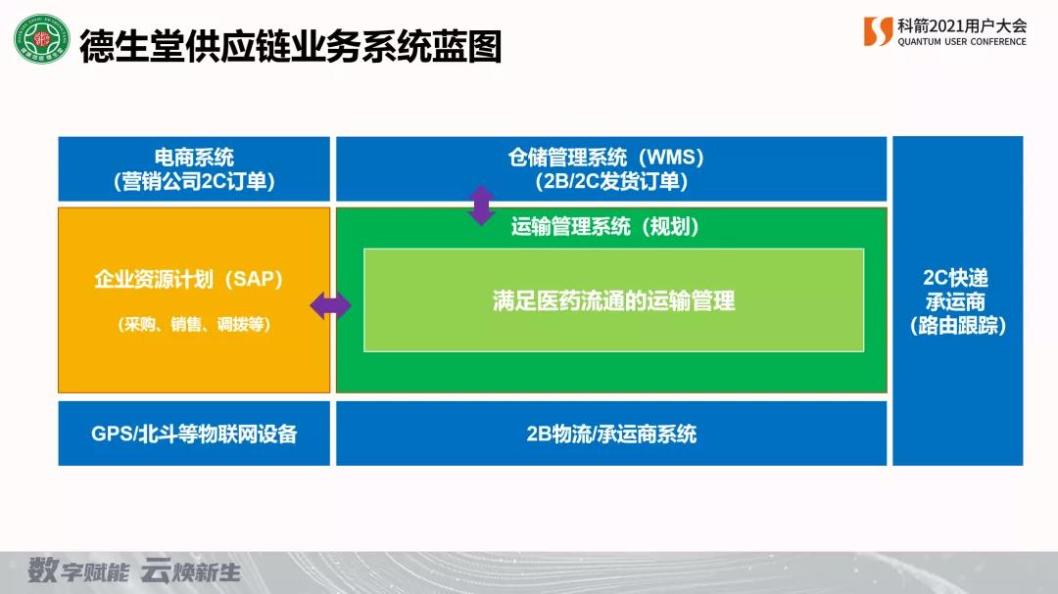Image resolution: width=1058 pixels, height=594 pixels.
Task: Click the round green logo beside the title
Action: click(41, 41)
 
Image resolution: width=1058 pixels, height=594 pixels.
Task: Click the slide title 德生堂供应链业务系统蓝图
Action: click(290, 45)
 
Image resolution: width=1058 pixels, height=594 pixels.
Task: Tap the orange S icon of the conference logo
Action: click(878, 31)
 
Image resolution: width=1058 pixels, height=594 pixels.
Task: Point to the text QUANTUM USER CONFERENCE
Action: click(962, 42)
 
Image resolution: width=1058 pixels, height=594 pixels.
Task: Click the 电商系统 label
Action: click(194, 158)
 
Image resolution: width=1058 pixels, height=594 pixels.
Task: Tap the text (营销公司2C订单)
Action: click(194, 181)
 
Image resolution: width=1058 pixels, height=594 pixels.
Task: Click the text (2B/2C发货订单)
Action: click(610, 181)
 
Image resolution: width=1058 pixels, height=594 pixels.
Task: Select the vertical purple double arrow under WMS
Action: click(481, 206)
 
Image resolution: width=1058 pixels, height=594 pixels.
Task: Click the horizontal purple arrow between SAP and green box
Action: click(331, 306)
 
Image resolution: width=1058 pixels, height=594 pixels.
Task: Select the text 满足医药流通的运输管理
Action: click(613, 300)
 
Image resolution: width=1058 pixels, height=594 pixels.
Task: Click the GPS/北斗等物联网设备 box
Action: click(194, 434)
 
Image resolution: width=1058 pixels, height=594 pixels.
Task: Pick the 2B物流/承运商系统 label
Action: click(611, 434)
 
